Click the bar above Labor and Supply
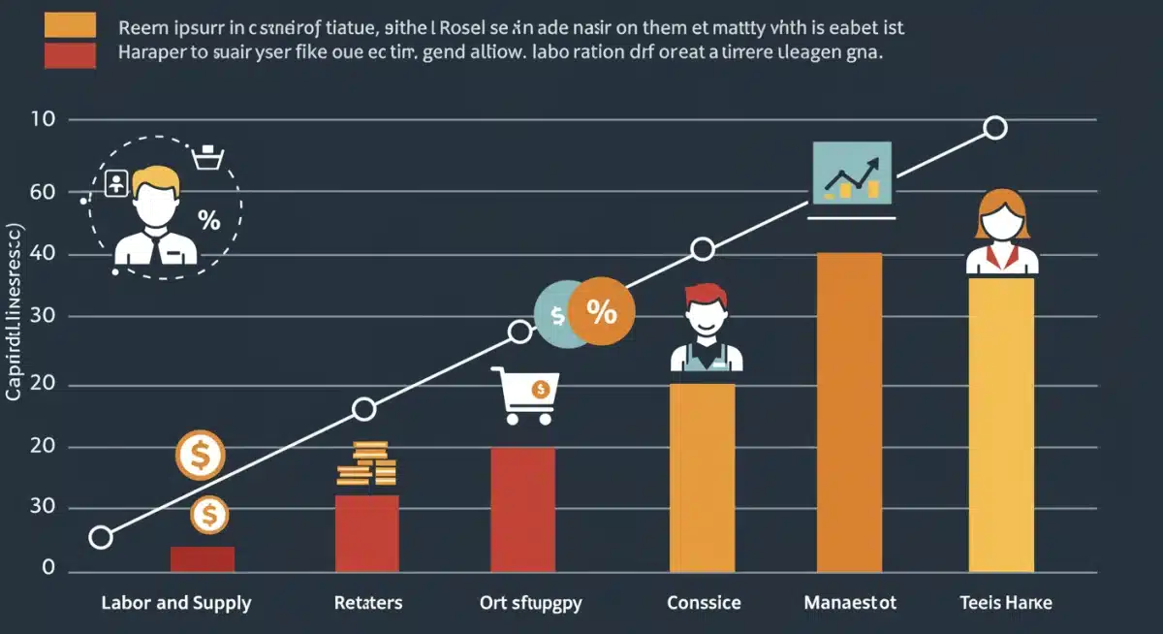coord(203,559)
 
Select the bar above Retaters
coord(367,533)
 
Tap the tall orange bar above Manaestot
coord(849,412)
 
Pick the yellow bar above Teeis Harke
coord(1001,425)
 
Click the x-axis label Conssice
coord(705,603)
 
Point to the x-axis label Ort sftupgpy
coord(532,603)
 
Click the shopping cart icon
coord(523,396)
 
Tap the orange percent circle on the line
coord(601,312)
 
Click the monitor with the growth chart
coord(852,174)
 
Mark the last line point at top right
coord(994,128)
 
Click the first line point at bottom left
coord(101,537)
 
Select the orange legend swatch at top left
coord(70,24)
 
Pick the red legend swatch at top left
coord(70,54)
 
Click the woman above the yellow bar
coord(1001,233)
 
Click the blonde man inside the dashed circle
coord(156,215)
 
